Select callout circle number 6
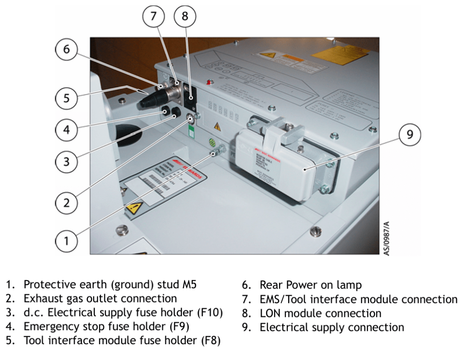coord(67,49)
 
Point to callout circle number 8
coord(184,17)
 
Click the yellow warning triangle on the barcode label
coord(134,209)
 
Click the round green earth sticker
coord(212,142)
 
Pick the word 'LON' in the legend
coord(270,313)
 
